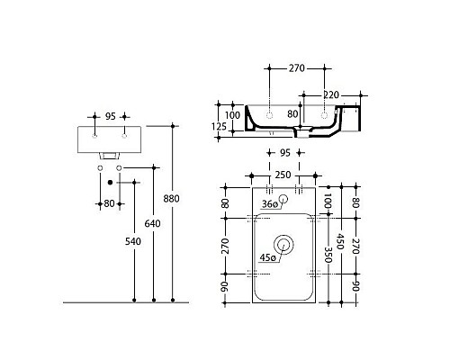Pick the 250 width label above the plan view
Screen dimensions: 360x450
(x=282, y=173)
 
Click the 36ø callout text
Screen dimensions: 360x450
(x=267, y=203)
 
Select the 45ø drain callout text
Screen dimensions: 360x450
(x=267, y=256)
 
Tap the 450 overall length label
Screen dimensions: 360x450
(x=339, y=241)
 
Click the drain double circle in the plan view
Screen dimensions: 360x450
(x=284, y=243)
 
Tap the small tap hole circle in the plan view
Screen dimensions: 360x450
(x=283, y=199)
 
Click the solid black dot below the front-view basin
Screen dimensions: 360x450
(x=110, y=183)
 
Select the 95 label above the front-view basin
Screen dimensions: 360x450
(x=110, y=116)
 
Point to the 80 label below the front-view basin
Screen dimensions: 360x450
(x=109, y=202)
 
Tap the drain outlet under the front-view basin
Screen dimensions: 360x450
(x=108, y=158)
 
